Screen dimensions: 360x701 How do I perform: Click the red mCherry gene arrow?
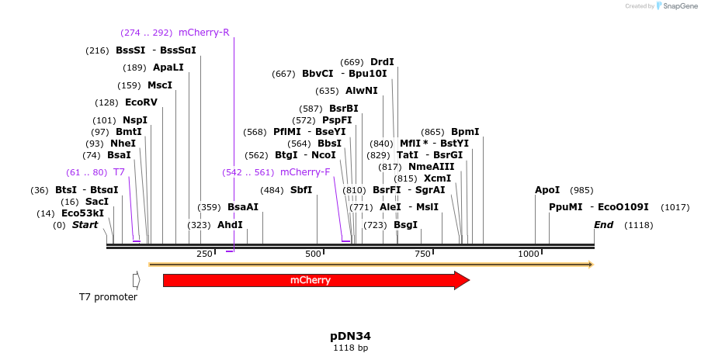(x=311, y=280)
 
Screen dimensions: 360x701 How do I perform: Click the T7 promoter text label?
(x=108, y=297)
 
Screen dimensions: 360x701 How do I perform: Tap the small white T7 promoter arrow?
(x=136, y=280)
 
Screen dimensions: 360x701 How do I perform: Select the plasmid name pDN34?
(x=350, y=337)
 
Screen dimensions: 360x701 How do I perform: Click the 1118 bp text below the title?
(x=350, y=348)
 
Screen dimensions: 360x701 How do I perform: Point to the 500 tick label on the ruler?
(x=314, y=254)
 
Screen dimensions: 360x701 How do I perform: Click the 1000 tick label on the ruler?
(x=529, y=254)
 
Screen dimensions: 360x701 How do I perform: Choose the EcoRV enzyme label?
(x=141, y=102)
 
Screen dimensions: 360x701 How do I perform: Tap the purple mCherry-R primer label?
(x=204, y=33)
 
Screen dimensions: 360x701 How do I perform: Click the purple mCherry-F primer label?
(x=305, y=172)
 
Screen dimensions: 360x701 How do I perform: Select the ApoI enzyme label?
(x=547, y=190)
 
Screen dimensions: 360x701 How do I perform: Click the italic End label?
(x=603, y=225)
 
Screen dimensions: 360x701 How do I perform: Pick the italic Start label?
(x=85, y=225)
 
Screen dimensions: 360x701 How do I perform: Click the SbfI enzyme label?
(x=301, y=190)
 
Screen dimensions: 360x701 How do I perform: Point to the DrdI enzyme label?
(x=382, y=62)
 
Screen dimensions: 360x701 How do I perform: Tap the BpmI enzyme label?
(x=465, y=132)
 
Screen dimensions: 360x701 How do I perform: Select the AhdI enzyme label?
(x=230, y=225)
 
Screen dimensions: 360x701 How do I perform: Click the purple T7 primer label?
(x=119, y=172)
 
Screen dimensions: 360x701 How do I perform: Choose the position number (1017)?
(x=675, y=207)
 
